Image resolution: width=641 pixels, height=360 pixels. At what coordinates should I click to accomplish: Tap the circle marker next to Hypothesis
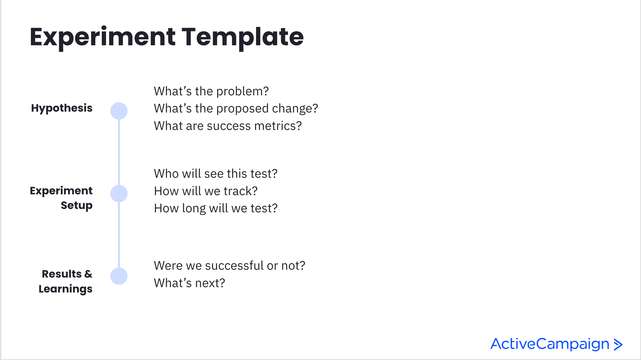119,111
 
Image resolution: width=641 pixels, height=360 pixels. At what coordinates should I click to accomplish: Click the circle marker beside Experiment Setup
119,193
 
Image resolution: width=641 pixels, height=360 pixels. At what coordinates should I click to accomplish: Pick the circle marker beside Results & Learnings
119,276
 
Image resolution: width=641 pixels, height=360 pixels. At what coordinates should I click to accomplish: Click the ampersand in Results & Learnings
88,274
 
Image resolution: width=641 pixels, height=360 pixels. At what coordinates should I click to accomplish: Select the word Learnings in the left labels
66,289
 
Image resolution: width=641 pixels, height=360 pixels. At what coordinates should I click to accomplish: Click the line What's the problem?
211,91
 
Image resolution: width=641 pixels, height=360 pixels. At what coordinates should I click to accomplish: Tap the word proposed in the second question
242,109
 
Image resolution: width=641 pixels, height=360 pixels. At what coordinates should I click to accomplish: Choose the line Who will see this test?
216,174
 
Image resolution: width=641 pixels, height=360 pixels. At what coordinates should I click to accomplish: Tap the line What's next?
189,283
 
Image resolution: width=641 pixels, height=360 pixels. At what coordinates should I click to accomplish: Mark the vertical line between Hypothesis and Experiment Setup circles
119,152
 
